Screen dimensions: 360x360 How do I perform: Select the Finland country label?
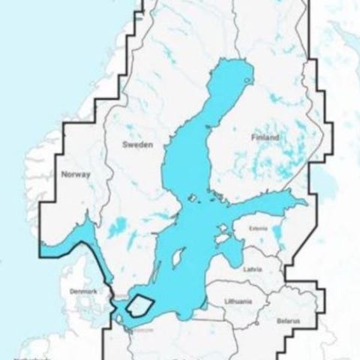tap(265, 138)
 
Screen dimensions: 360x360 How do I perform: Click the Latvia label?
tap(253, 268)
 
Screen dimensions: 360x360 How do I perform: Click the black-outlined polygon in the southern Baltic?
tap(140, 306)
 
